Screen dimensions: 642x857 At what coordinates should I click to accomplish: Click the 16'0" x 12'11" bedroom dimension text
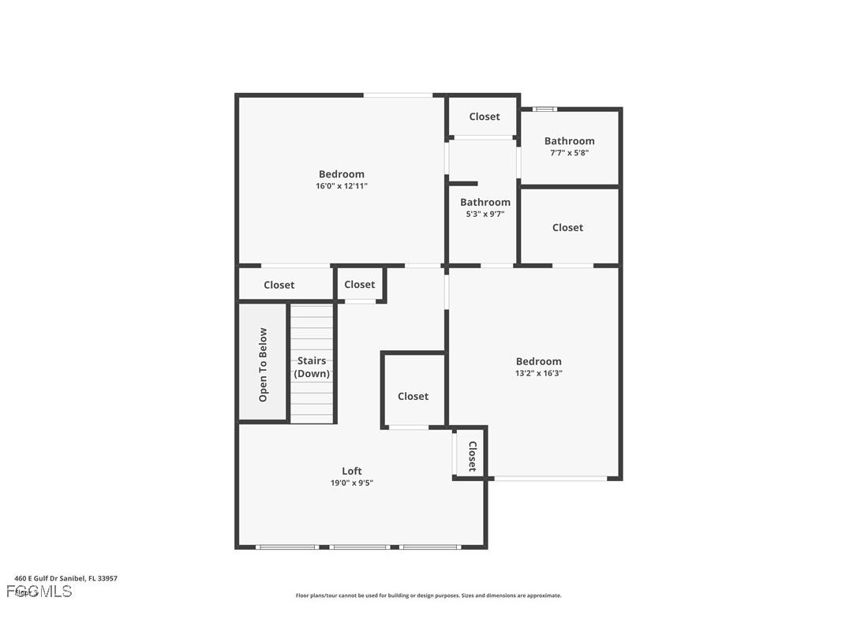point(342,186)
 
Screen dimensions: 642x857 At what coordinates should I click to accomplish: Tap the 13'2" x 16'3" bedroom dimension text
point(539,373)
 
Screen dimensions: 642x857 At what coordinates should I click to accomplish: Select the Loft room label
point(352,472)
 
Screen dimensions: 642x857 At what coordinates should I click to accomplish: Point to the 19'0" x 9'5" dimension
point(352,483)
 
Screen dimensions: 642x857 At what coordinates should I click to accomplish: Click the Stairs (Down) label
point(312,368)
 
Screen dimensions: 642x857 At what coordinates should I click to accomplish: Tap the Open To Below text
point(263,364)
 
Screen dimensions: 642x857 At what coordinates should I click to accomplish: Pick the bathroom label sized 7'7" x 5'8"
point(569,141)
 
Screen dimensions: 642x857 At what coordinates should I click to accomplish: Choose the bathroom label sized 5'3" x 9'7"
point(485,203)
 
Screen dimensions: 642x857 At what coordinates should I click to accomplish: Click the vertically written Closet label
point(472,456)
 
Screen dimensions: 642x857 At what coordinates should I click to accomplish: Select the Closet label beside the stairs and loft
point(413,397)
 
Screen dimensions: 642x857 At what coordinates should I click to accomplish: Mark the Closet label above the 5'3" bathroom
point(485,117)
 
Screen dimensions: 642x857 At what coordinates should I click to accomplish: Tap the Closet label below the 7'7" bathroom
point(567,228)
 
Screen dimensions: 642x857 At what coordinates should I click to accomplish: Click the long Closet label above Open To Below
point(279,286)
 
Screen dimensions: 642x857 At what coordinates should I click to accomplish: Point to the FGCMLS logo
point(39,591)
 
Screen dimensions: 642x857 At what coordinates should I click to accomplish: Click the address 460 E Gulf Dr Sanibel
point(66,578)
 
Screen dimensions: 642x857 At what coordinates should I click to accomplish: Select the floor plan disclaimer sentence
point(428,595)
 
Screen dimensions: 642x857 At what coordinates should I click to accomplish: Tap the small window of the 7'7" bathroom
point(545,109)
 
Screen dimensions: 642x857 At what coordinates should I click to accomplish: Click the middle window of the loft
point(359,547)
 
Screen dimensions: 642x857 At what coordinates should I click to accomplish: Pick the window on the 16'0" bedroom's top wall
point(398,95)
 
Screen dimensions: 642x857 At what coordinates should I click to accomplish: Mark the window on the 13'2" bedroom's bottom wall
point(551,478)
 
